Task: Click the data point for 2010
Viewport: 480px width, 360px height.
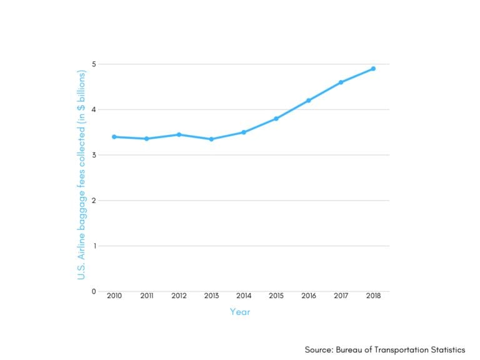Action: (x=114, y=136)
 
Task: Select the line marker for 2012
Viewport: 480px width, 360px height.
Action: (x=179, y=134)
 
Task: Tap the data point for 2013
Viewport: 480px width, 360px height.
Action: (x=211, y=139)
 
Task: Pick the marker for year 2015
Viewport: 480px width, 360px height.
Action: (x=276, y=118)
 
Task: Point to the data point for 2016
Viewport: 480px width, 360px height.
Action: (x=309, y=100)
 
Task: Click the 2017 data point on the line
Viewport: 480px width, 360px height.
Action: (x=341, y=82)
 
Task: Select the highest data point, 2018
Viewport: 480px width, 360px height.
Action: (x=373, y=69)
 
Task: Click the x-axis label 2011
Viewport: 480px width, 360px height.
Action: (x=146, y=296)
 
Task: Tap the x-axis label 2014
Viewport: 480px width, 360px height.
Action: (x=244, y=296)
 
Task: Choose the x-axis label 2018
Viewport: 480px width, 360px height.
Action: (x=373, y=296)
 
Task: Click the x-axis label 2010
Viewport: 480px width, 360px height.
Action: (x=114, y=296)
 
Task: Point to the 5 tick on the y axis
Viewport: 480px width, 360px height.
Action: (x=94, y=64)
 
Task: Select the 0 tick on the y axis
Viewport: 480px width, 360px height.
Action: (x=94, y=291)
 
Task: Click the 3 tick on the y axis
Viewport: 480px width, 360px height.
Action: (x=94, y=155)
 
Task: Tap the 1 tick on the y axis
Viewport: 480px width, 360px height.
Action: (x=94, y=246)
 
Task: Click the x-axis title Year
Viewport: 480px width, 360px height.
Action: (x=240, y=312)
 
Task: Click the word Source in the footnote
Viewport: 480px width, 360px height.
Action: (x=319, y=349)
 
